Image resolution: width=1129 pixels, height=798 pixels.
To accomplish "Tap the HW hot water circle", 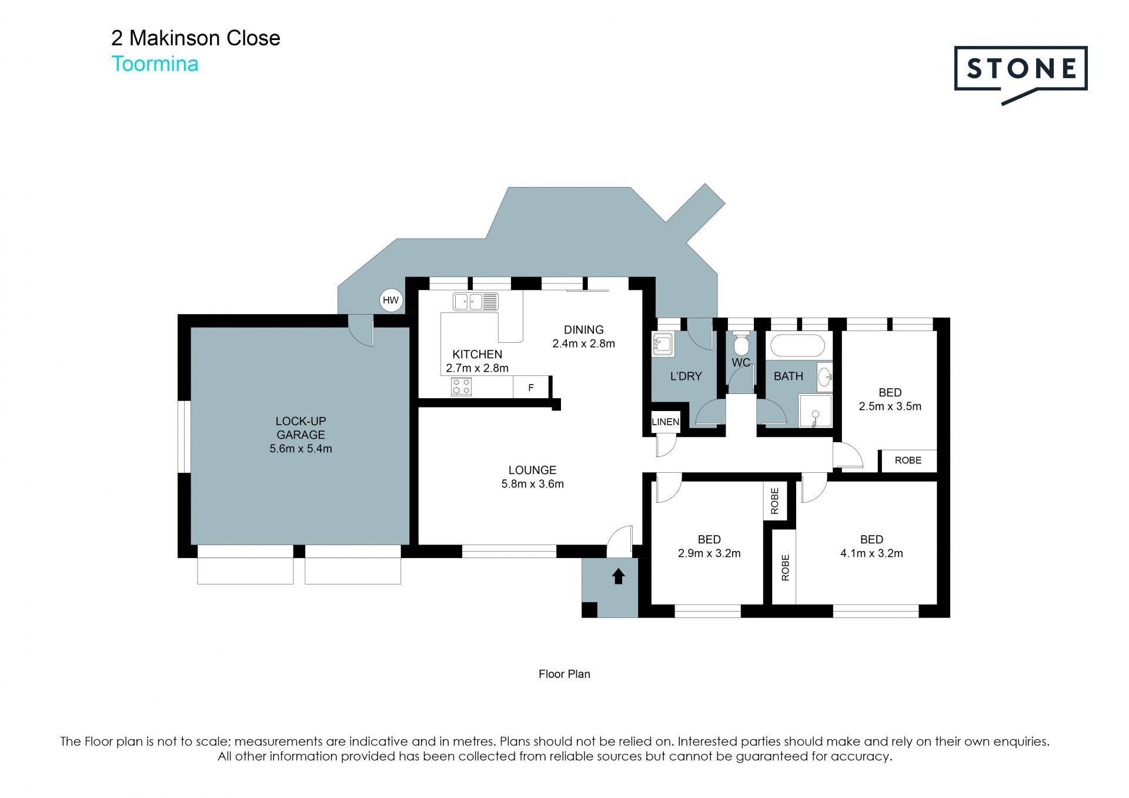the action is [x=390, y=300].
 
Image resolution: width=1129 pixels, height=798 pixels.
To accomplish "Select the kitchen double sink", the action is [x=475, y=302].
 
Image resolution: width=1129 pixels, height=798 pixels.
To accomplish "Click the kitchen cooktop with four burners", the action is [x=461, y=386].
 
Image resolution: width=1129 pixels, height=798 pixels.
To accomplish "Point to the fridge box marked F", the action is [x=531, y=388].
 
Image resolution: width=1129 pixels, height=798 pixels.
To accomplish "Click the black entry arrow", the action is [x=618, y=576].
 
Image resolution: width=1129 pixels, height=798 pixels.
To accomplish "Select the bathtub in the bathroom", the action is [x=797, y=346].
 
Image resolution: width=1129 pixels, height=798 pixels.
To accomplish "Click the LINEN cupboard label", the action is [x=666, y=422].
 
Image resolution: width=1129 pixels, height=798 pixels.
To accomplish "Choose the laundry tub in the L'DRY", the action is [x=663, y=344].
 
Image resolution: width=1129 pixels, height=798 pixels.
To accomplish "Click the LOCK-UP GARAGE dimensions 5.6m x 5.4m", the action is [x=300, y=449].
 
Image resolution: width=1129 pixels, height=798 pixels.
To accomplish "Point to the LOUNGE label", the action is [x=532, y=470].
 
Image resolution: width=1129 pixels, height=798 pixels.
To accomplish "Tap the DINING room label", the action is [x=583, y=330].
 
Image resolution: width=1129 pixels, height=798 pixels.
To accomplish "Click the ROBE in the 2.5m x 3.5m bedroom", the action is [x=908, y=460].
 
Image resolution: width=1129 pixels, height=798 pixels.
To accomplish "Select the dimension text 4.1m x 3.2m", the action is [x=871, y=553].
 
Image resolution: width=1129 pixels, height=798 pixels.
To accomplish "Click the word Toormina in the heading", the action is [x=155, y=64].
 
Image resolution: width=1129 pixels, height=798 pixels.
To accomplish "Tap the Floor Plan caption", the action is [x=564, y=674].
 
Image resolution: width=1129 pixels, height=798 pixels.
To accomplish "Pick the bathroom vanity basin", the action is [x=825, y=376].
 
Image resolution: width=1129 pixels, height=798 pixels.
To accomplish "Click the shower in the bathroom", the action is [x=815, y=410].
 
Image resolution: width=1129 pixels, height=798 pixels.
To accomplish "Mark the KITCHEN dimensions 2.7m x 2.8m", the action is [x=477, y=368].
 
